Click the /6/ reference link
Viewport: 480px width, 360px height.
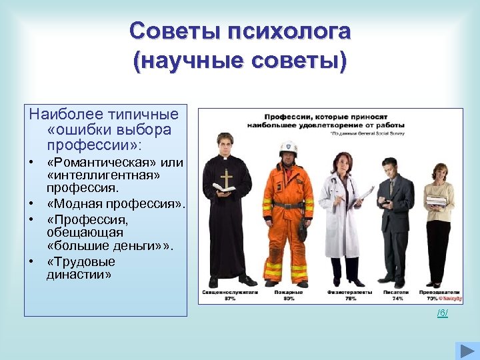point(442,313)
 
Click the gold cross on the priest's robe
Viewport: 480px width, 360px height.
point(227,179)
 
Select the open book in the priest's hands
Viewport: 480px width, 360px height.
point(223,189)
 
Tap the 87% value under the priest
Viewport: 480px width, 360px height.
point(230,299)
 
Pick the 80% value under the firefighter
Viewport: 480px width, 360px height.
point(288,299)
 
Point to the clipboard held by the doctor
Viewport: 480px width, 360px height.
point(365,194)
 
